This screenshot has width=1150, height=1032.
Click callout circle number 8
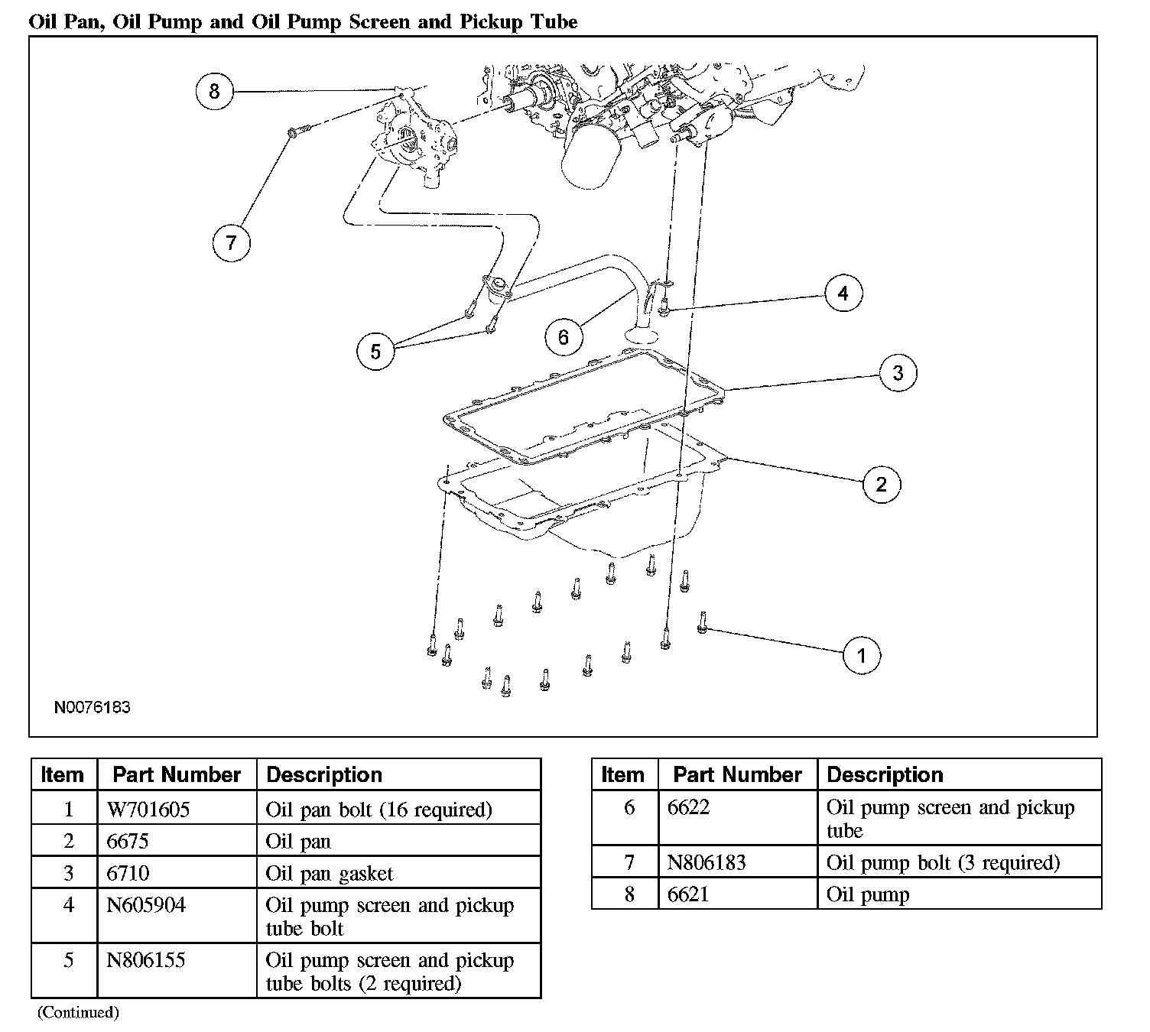[x=214, y=92]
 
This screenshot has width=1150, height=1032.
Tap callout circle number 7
[x=231, y=243]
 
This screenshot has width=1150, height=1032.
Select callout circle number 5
[x=375, y=351]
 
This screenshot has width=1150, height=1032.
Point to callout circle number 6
[x=564, y=337]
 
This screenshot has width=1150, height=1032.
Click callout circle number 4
[x=843, y=294]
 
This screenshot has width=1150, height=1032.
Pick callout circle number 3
[x=898, y=373]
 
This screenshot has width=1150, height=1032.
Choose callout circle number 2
[x=881, y=484]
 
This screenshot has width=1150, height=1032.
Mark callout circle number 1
[x=862, y=655]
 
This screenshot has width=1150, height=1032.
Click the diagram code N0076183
[x=92, y=707]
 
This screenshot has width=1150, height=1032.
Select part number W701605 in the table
[x=148, y=809]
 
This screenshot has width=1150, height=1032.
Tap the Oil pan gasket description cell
[x=330, y=873]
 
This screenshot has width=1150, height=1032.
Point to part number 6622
[x=688, y=807]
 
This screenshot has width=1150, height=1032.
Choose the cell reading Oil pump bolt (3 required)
[x=943, y=862]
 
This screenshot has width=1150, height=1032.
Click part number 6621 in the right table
[x=688, y=894]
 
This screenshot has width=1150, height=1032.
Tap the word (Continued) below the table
[x=79, y=1012]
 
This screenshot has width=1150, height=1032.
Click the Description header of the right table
[x=885, y=774]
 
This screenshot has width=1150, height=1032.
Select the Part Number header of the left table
[x=177, y=774]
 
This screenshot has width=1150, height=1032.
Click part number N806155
[x=146, y=960]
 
